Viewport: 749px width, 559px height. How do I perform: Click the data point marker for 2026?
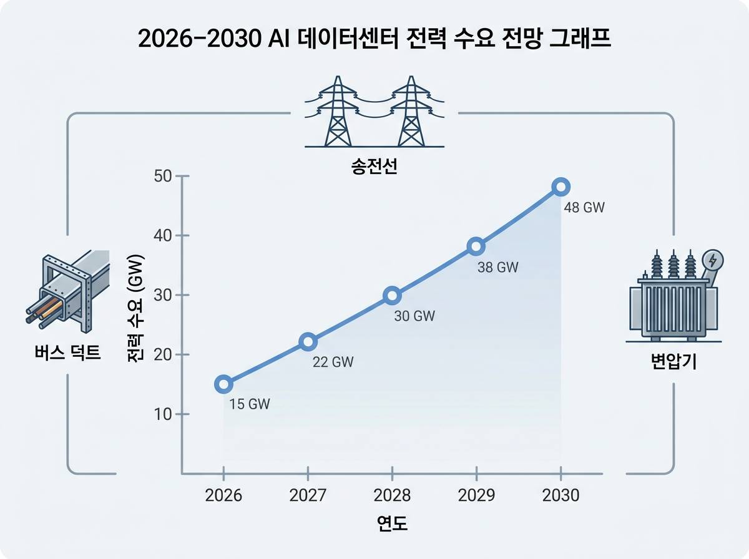click(x=223, y=384)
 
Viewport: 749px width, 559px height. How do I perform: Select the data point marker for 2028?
click(x=392, y=295)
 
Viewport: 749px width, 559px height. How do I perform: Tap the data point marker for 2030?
click(x=561, y=187)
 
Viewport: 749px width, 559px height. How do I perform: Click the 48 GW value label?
click(x=584, y=207)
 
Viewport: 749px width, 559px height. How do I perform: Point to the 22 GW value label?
click(x=333, y=362)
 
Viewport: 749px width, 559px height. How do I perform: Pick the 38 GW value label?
click(x=498, y=268)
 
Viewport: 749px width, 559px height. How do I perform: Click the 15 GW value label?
click(x=250, y=404)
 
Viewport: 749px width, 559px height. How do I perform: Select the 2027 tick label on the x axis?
click(x=308, y=495)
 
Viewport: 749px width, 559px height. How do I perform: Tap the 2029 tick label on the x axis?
click(x=476, y=495)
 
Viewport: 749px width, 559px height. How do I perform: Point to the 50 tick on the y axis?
click(x=163, y=177)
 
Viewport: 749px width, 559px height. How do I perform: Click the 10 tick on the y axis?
click(x=163, y=414)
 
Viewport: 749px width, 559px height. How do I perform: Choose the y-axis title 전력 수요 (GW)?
click(x=136, y=308)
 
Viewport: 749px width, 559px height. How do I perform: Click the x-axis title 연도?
click(x=392, y=523)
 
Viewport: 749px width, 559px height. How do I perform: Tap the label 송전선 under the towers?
click(x=374, y=167)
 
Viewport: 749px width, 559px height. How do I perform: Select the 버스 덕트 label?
click(x=67, y=352)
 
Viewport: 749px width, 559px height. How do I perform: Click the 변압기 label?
click(x=673, y=361)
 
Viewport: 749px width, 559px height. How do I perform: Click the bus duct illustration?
click(x=67, y=291)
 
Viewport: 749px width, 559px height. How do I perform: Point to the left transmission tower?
click(x=338, y=111)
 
